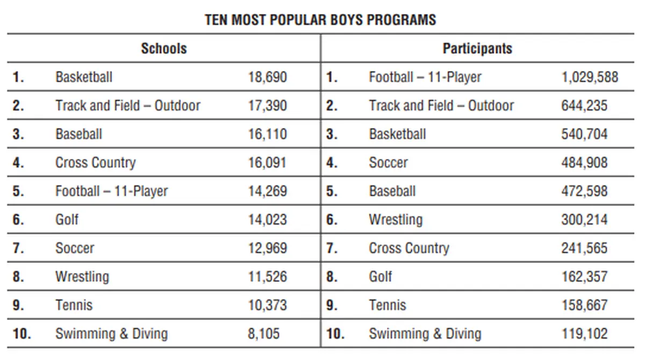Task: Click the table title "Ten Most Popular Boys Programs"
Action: coord(320,20)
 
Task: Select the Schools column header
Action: coord(164,48)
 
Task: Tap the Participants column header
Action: coord(477,48)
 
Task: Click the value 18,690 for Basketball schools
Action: coord(267,77)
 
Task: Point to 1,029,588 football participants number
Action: coord(590,77)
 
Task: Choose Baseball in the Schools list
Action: coord(78,134)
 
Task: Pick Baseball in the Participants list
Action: coord(392,191)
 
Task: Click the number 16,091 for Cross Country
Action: coord(267,162)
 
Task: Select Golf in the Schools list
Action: coord(67,219)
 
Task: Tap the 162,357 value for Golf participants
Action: coord(584,276)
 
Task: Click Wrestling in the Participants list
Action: coord(395,219)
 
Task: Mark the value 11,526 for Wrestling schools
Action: coord(267,276)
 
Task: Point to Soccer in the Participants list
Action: coord(388,162)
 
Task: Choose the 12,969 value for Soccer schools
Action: coord(267,248)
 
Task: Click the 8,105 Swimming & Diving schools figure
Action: coord(263,333)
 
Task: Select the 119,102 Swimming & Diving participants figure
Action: coord(584,333)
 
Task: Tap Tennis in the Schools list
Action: coord(74,305)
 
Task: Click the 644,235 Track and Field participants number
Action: coord(584,105)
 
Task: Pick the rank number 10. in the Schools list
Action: coord(21,333)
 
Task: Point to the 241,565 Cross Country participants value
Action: coord(584,248)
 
